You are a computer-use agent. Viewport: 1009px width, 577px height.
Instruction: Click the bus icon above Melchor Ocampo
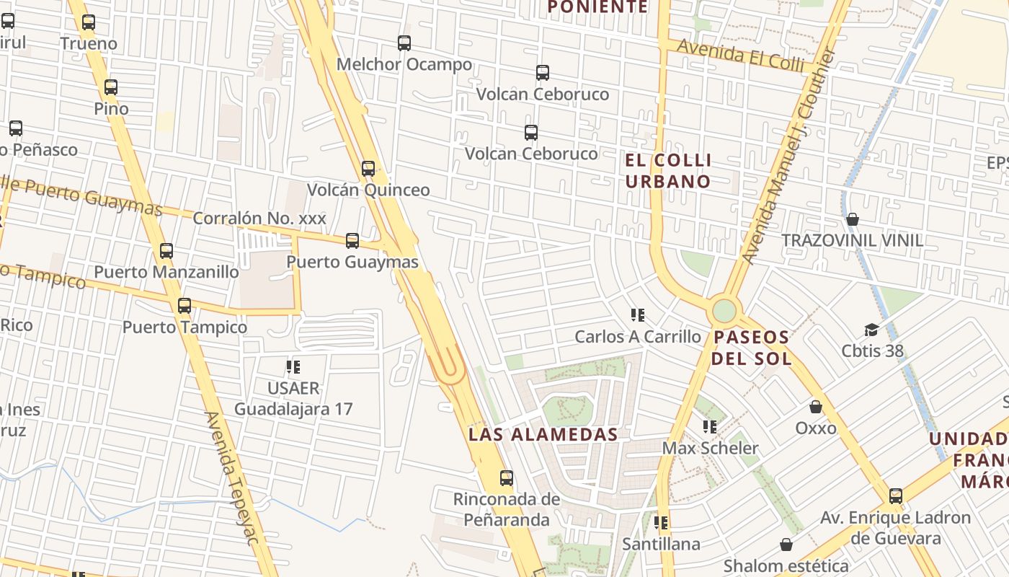point(404,43)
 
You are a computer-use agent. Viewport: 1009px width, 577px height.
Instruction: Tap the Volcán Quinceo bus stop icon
point(368,169)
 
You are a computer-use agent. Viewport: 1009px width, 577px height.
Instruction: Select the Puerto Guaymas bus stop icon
point(352,241)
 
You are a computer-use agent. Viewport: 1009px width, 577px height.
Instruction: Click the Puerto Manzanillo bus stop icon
point(166,251)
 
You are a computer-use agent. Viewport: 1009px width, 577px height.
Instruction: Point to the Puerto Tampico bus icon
point(185,306)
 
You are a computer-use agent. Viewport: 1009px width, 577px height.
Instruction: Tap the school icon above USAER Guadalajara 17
point(293,367)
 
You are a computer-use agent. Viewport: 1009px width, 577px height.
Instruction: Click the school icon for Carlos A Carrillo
point(637,315)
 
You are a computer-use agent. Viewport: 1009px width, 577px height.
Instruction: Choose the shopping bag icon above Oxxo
point(816,407)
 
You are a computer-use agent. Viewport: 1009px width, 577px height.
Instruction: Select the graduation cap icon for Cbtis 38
point(872,330)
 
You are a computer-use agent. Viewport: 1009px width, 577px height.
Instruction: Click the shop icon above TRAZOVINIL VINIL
point(853,219)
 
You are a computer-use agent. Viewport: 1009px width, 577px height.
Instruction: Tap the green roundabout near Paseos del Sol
point(724,312)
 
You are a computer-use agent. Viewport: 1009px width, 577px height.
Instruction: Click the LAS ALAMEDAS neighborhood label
point(543,434)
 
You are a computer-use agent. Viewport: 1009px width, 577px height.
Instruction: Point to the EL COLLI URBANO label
point(668,170)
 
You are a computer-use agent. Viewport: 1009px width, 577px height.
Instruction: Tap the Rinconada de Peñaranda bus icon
point(507,477)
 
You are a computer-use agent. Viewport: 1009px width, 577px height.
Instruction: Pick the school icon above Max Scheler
point(710,427)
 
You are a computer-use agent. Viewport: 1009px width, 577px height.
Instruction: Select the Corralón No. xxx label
point(259,218)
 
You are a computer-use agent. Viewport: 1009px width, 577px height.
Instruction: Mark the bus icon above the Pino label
point(111,87)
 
